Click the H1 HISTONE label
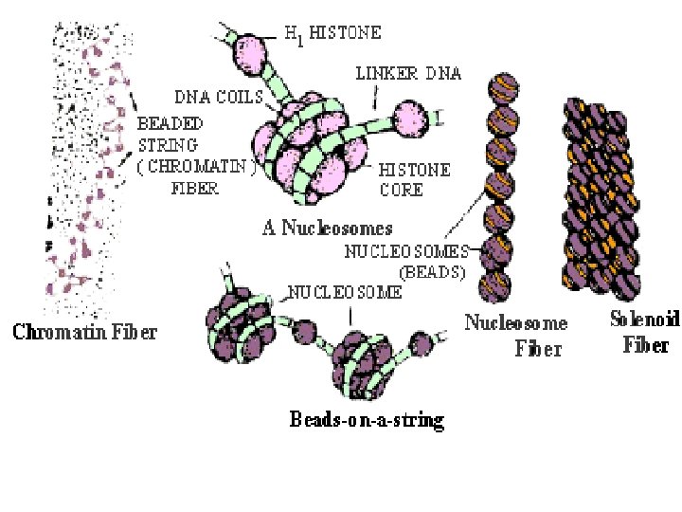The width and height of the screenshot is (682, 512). tap(333, 33)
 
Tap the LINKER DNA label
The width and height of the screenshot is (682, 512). tap(408, 72)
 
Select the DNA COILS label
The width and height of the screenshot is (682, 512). tap(216, 96)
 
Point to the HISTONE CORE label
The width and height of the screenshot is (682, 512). tap(414, 180)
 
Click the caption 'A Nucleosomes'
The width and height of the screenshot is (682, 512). tap(327, 228)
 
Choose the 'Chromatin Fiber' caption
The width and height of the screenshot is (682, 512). tap(84, 332)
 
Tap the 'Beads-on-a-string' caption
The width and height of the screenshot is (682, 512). tap(367, 419)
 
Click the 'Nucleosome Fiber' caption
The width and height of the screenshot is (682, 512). tap(516, 336)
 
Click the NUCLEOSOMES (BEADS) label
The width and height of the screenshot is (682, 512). tap(406, 261)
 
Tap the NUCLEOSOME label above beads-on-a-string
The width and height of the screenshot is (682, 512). tap(345, 292)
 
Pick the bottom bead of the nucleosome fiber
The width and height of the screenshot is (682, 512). tap(495, 286)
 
